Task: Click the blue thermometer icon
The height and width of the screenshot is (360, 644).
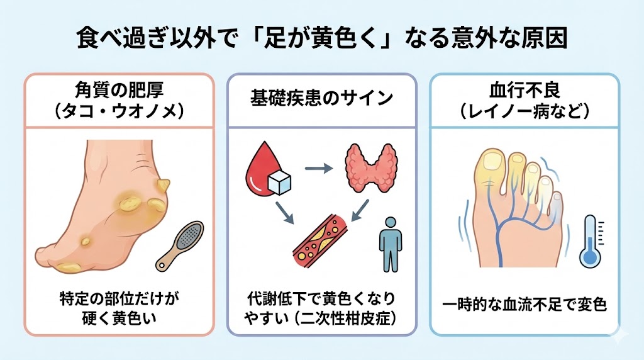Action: click(x=589, y=242)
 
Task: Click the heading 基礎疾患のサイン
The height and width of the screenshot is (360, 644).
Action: click(x=321, y=98)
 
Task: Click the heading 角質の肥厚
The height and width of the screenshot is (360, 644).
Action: click(x=118, y=89)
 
